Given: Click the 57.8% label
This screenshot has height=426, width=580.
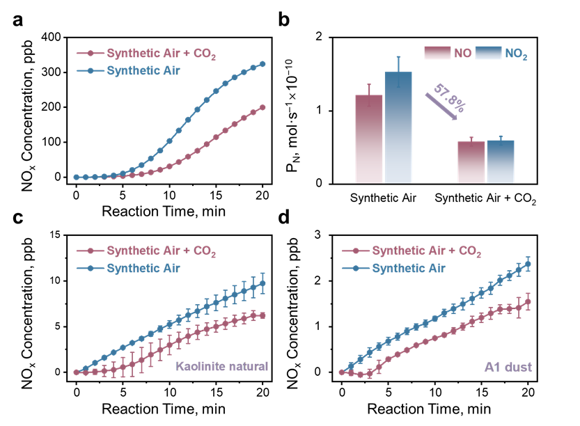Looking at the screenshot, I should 450,97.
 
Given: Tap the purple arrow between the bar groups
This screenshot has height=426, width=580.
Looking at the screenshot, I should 441,107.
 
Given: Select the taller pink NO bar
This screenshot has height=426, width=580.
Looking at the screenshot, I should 369,139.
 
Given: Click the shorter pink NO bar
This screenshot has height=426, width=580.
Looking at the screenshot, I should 471,162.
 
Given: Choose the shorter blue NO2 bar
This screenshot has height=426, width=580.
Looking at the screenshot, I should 501,161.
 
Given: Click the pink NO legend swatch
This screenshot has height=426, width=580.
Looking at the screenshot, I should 437,53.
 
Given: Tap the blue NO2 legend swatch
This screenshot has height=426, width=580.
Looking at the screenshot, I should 488,53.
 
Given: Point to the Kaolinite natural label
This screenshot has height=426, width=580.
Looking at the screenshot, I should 221,366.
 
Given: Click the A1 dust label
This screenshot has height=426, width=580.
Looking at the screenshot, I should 508,367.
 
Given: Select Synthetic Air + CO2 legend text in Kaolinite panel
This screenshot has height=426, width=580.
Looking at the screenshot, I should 161,251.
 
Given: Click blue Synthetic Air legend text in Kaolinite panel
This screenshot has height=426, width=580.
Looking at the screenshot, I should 143,268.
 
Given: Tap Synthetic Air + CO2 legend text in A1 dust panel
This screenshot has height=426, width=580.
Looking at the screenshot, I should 426,251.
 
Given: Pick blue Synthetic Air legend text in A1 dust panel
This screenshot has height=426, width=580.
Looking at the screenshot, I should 409,268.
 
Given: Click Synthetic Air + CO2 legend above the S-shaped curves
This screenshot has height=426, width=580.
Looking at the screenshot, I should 161,54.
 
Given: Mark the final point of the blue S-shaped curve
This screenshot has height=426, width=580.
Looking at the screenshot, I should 263,64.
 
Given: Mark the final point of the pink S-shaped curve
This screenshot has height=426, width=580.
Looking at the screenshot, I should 263,107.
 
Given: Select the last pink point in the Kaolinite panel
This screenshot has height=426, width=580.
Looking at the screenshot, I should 263,315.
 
